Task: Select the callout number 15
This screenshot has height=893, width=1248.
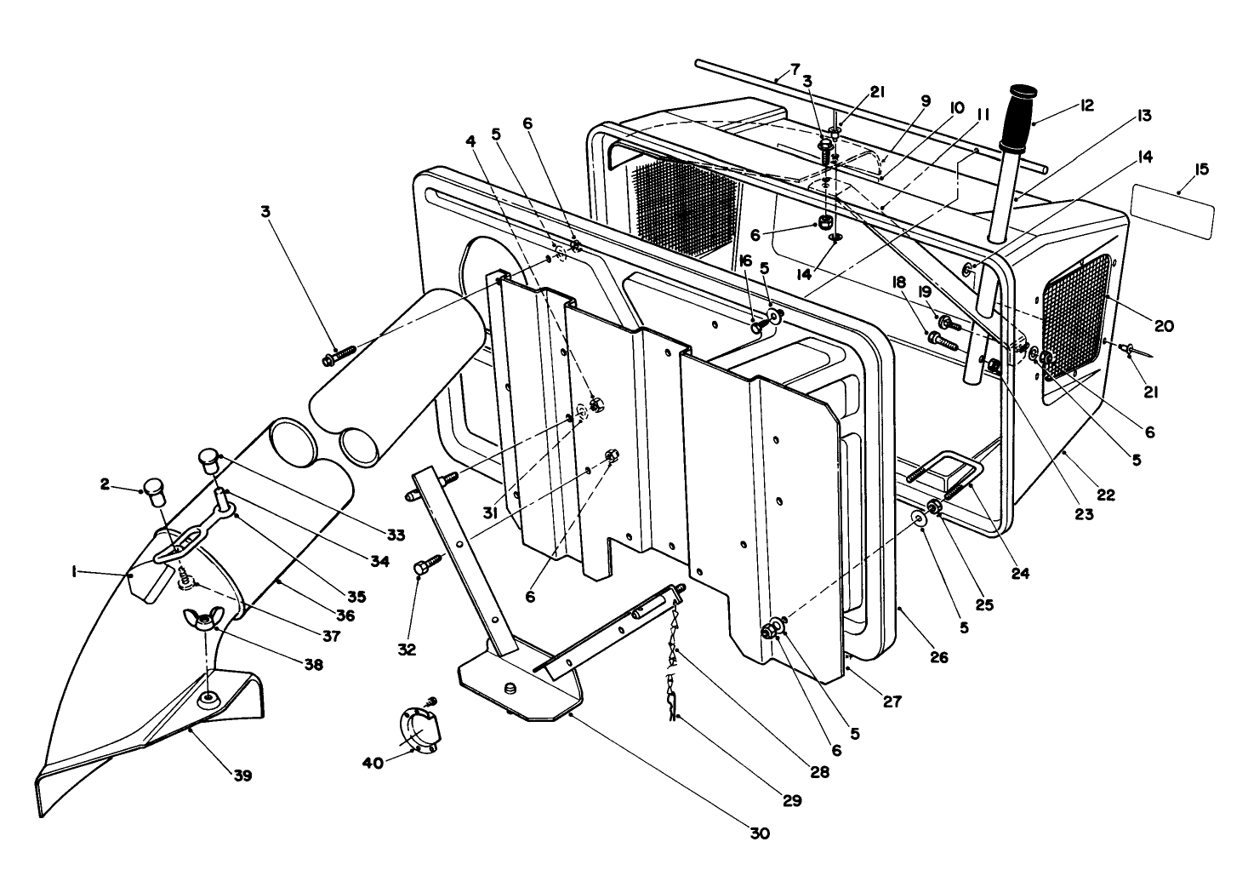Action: pos(1201,169)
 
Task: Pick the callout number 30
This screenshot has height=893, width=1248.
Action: pos(760,833)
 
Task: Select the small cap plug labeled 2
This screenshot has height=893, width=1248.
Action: pos(154,492)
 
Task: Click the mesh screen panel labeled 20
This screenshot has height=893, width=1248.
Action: pos(1077,314)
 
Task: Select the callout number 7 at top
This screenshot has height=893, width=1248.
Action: pos(795,69)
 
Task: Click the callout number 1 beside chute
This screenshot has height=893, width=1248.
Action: pos(76,574)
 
